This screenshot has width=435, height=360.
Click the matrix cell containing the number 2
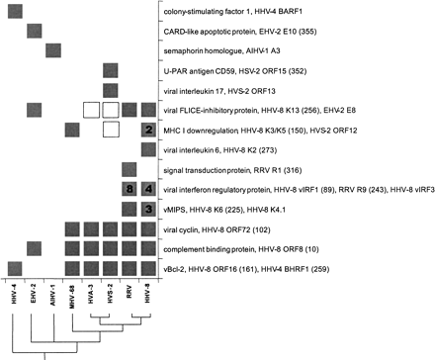tap(147, 130)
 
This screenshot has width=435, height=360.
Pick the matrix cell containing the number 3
tap(147, 209)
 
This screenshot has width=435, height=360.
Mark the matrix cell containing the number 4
tap(147, 189)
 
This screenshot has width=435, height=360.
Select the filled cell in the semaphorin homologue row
tap(53, 51)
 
